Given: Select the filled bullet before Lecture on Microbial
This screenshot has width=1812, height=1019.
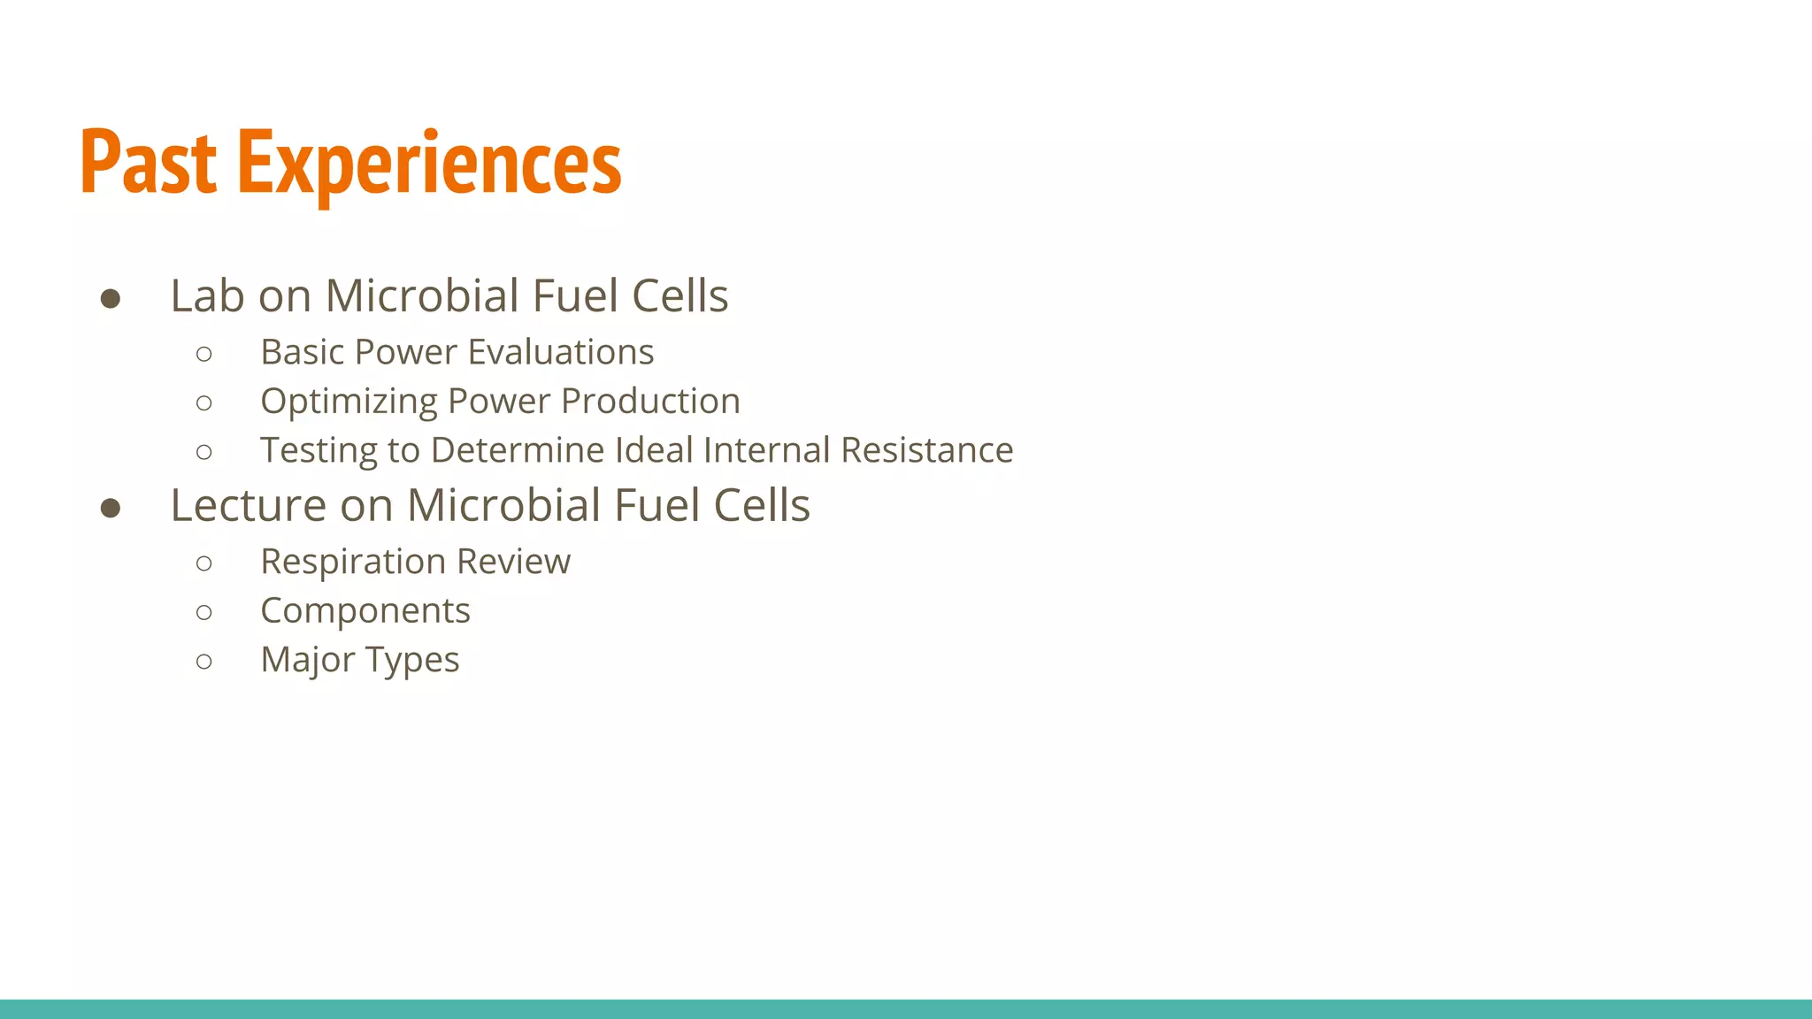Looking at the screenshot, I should [111, 508].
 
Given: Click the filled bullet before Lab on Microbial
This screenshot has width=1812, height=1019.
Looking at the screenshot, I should [111, 299].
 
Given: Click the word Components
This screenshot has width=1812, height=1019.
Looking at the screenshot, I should [365, 611].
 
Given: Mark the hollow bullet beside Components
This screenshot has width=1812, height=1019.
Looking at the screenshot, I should [204, 612].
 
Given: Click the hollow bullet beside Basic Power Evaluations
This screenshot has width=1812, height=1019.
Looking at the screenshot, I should [204, 354].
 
